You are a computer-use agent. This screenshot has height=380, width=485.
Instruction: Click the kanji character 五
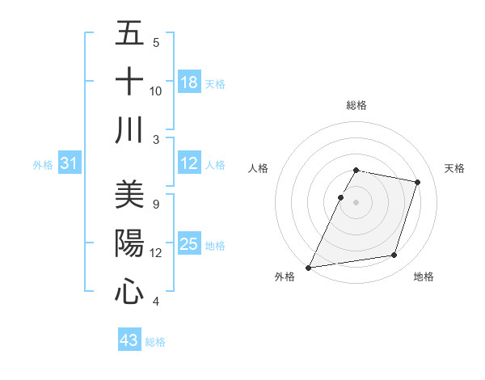pyautogui.click(x=129, y=33)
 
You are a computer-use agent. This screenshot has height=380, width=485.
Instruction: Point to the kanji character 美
pyautogui.click(x=129, y=195)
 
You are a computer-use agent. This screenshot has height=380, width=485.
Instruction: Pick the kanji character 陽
pyautogui.click(x=129, y=243)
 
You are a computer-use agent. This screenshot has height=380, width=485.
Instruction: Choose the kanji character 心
pyautogui.click(x=129, y=291)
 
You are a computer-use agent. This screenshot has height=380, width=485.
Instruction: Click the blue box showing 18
pyautogui.click(x=189, y=82)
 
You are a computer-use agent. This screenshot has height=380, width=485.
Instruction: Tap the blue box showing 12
pyautogui.click(x=189, y=163)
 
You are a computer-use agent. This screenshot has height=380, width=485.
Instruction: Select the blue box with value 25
pyautogui.click(x=189, y=244)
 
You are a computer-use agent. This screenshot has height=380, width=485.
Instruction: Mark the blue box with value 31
pyautogui.click(x=70, y=163)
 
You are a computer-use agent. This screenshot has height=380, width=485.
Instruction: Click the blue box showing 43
pyautogui.click(x=129, y=340)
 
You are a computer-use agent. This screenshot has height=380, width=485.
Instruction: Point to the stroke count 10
pyautogui.click(x=156, y=91)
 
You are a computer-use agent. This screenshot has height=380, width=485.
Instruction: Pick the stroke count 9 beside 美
pyautogui.click(x=155, y=204)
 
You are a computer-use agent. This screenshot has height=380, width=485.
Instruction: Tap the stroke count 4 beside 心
pyautogui.click(x=155, y=302)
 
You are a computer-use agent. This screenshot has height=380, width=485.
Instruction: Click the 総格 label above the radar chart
pyautogui.click(x=356, y=105)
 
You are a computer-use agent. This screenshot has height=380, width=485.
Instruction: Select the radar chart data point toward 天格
pyautogui.click(x=418, y=182)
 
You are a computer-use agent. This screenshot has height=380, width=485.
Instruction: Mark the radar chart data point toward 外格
pyautogui.click(x=308, y=268)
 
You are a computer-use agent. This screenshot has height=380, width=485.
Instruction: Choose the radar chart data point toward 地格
pyautogui.click(x=394, y=255)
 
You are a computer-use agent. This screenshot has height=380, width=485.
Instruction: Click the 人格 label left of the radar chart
pyautogui.click(x=258, y=168)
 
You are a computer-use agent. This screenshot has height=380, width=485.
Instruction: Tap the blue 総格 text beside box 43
pyautogui.click(x=155, y=342)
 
